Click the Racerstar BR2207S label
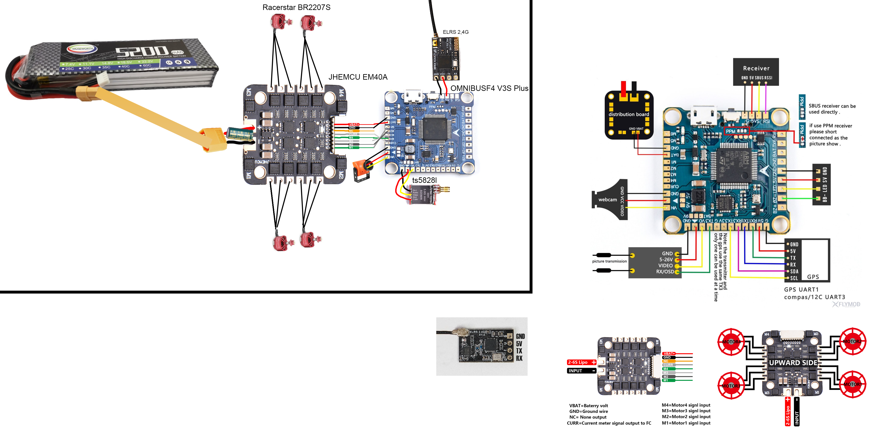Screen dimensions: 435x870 click(x=296, y=7)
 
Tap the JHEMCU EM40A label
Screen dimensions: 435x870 click(x=358, y=77)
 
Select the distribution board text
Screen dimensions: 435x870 click(x=628, y=114)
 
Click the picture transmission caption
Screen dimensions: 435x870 click(x=609, y=261)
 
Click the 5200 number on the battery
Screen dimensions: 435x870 click(x=142, y=52)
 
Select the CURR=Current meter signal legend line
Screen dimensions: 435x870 click(x=609, y=423)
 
